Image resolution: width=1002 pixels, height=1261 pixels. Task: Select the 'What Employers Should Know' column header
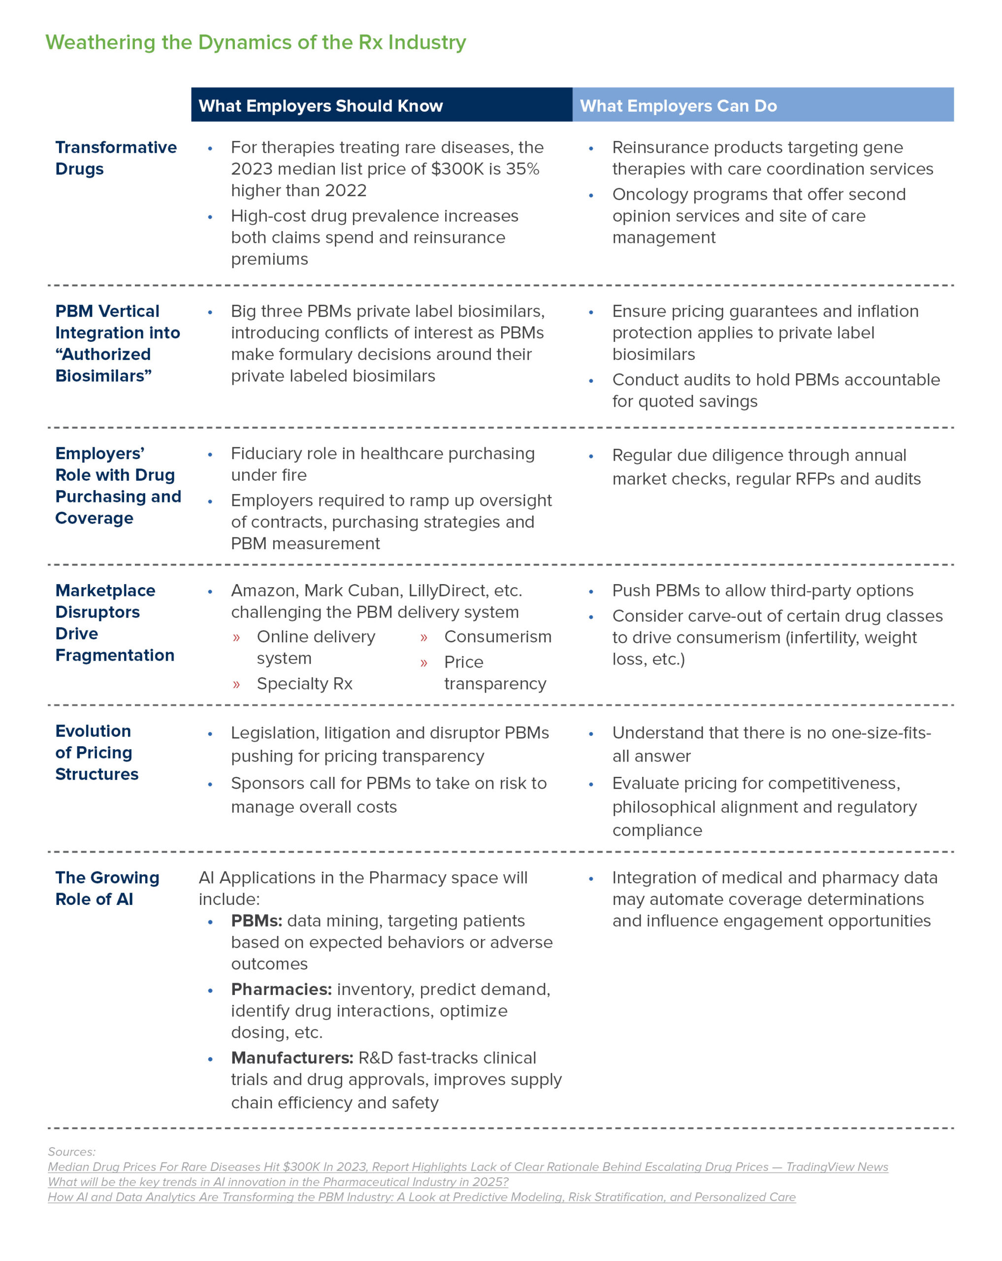coord(321,106)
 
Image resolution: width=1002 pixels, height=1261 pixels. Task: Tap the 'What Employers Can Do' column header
coord(678,106)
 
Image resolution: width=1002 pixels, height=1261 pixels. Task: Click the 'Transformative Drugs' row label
coord(116,158)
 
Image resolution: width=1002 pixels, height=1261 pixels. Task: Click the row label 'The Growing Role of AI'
coord(107,888)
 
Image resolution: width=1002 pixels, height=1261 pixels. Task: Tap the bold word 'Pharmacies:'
coord(281,989)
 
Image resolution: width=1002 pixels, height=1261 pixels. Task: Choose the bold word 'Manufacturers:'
coord(291,1058)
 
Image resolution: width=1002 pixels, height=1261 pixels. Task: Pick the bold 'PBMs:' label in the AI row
coord(256,921)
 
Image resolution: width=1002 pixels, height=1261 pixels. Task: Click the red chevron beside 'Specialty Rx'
coord(236,684)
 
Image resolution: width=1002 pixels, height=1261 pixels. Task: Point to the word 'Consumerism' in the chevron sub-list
coord(497,636)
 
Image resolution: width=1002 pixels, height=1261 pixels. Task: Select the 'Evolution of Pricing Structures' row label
coord(97,752)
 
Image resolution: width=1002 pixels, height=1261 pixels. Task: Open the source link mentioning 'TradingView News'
coord(468,1167)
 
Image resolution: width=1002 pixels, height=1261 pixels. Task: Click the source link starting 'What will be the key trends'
coord(278,1182)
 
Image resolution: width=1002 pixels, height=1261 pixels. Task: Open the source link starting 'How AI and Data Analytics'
coord(421,1197)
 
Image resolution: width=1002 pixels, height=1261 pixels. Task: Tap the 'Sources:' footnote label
coord(71,1152)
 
